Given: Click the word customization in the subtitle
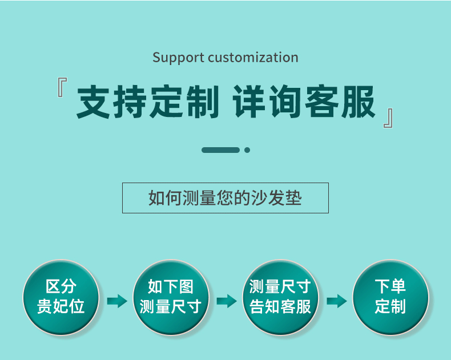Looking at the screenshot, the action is pos(253,57).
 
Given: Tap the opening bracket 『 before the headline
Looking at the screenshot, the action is pos(62,87).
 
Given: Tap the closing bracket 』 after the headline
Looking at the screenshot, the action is pos(388,118).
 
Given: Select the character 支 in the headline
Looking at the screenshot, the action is pos(93,102).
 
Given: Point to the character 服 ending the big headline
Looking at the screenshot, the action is pos(359,102).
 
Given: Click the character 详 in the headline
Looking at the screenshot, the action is pos(249,102).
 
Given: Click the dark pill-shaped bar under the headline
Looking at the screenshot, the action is pos(220,150).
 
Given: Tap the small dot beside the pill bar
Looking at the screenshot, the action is pos(247,150).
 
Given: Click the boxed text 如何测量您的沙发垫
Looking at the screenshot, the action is pos(225,198).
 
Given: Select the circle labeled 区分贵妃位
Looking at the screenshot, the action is pos(61,297).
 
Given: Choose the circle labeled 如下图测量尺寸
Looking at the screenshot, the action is pos(171,297).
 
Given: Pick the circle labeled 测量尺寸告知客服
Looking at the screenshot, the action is pos(280,297).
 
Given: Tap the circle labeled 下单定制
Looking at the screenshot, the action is pos(390,297).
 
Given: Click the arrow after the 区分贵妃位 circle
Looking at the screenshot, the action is pos(117,301).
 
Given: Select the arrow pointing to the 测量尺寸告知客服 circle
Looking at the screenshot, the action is pos(227,301).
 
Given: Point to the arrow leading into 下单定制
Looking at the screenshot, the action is pos(337,301).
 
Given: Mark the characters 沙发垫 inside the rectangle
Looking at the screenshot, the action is pos(276,198).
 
